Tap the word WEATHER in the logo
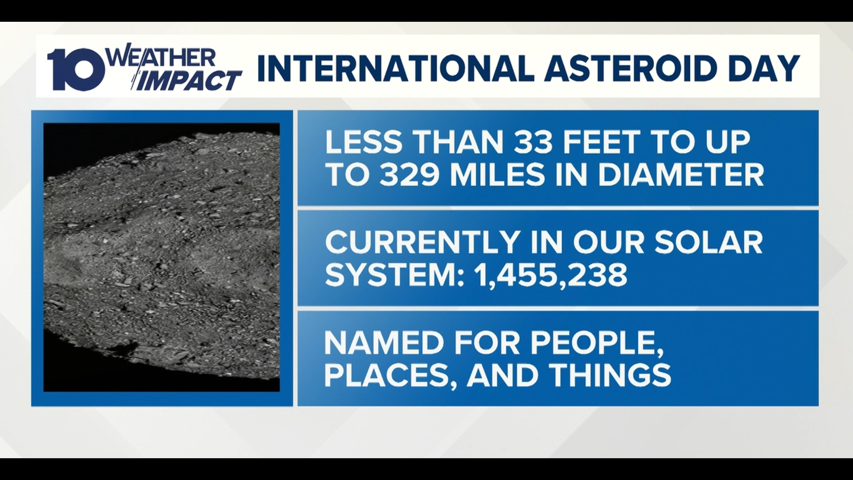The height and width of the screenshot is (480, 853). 162,58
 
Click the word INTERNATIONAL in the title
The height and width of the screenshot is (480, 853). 395,68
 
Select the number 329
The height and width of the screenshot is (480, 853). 411,175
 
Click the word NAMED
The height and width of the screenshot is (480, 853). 378,343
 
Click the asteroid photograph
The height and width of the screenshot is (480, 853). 162,257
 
